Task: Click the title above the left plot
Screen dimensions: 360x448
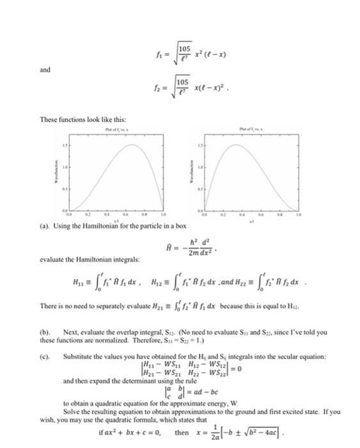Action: [x=116, y=130]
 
